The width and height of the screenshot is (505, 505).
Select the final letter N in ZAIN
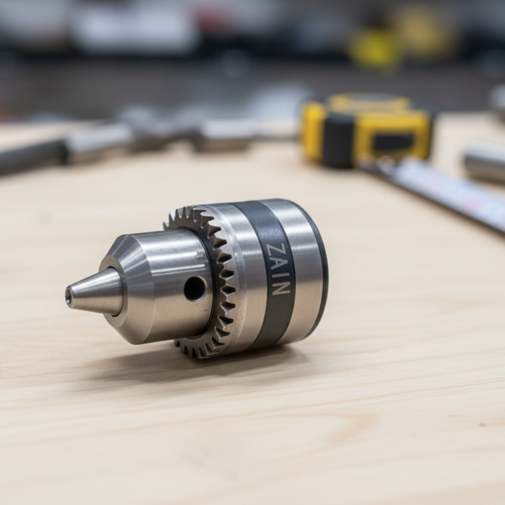[x=279, y=287]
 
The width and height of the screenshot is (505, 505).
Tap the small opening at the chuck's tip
[x=69, y=295]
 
